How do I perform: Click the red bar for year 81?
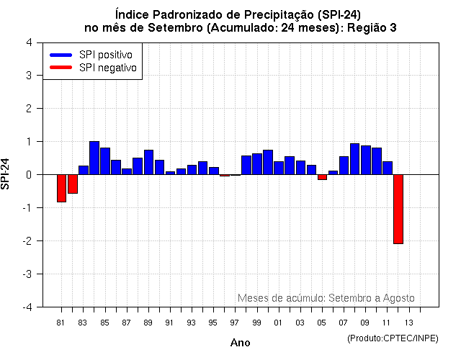(x=61, y=188)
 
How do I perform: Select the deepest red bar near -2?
(x=398, y=209)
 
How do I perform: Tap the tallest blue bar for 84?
(x=94, y=158)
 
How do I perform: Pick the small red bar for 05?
(x=322, y=177)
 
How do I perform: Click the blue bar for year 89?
(x=148, y=162)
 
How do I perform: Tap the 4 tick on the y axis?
(x=28, y=42)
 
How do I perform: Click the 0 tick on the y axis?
(x=28, y=175)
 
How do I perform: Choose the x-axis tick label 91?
(x=169, y=323)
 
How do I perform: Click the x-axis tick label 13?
(x=408, y=323)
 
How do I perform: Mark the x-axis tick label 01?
(x=278, y=323)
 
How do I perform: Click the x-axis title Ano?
(x=240, y=343)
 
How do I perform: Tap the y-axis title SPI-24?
(x=6, y=174)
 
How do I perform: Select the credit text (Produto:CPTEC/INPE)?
(x=393, y=338)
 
